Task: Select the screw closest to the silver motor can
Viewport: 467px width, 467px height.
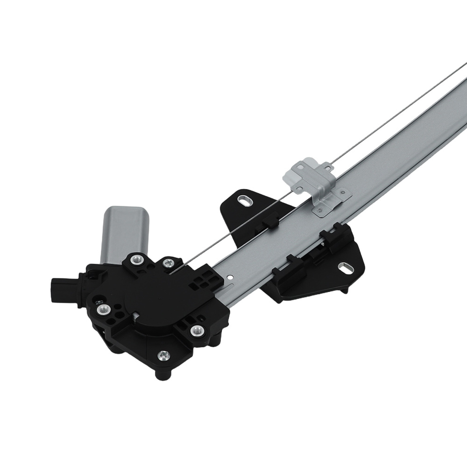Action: (x=136, y=260)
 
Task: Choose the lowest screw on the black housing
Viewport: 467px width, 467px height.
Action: (x=163, y=356)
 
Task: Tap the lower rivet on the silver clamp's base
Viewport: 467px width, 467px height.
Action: (x=319, y=211)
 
